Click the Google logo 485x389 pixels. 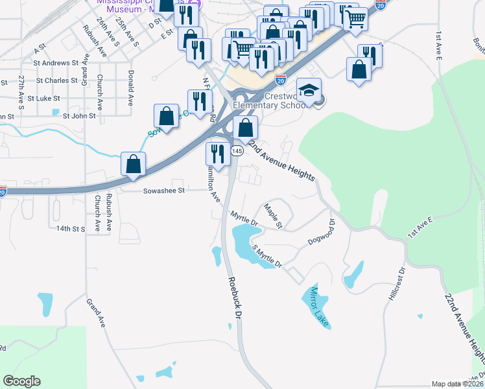[21, 381]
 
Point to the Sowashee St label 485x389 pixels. [164, 191]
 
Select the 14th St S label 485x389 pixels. [71, 229]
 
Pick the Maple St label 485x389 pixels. [273, 216]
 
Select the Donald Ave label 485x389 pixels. [130, 88]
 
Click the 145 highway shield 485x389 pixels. [237, 150]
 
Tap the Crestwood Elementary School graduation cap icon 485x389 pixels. [309, 89]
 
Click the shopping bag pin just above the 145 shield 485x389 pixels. [246, 126]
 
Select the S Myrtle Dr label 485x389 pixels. [267, 257]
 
